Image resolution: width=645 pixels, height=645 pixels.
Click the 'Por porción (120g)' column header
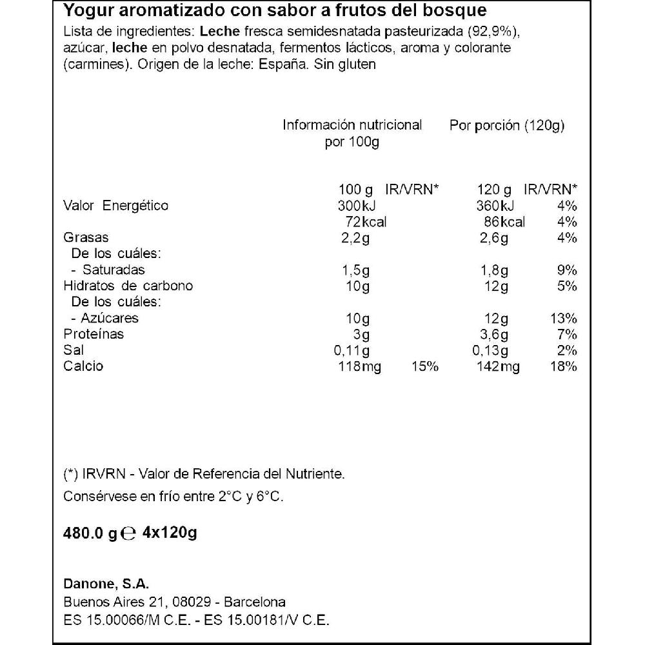(506, 126)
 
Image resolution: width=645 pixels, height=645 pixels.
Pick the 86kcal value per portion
(504, 222)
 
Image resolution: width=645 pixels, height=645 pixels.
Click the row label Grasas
(85, 238)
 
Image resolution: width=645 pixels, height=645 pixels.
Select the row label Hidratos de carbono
(128, 286)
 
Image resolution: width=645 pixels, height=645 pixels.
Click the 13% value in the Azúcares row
(564, 319)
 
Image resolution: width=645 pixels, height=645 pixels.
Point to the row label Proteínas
(94, 334)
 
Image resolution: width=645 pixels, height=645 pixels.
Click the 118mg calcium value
(359, 366)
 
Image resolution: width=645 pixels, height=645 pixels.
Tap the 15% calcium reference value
(425, 366)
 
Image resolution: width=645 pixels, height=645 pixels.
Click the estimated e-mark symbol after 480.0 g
(128, 534)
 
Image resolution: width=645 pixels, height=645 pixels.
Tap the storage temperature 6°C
(270, 497)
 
